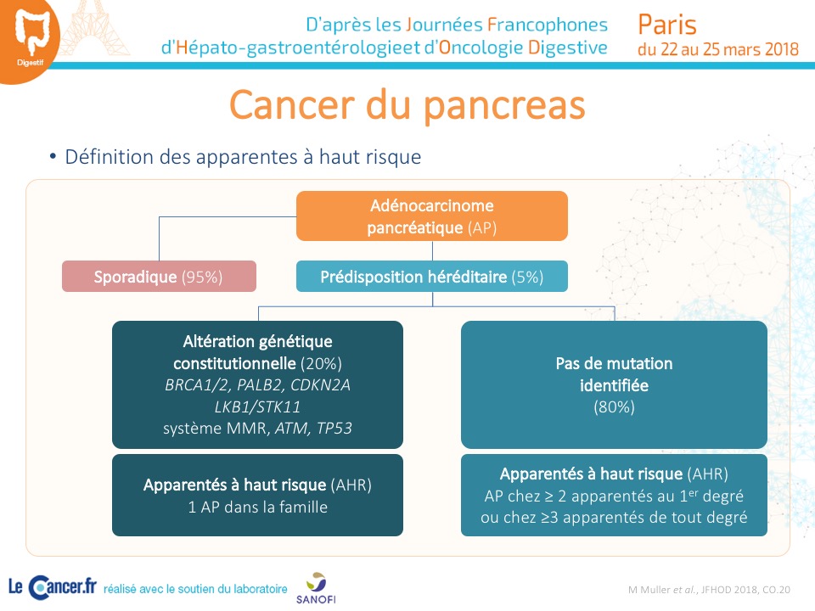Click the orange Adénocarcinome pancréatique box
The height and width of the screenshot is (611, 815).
tap(432, 216)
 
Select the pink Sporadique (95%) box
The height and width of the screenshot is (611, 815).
tap(159, 277)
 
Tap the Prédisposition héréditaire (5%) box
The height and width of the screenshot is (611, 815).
tap(432, 277)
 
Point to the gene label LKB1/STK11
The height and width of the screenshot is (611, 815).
tap(258, 406)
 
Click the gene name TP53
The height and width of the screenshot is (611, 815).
tap(334, 428)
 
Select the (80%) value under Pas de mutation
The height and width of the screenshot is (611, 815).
tap(614, 406)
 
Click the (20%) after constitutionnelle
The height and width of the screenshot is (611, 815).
tap(321, 364)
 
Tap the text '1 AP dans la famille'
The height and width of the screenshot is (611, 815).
tap(258, 507)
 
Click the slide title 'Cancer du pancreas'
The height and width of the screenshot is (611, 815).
tap(407, 105)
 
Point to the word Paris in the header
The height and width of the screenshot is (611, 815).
tap(667, 25)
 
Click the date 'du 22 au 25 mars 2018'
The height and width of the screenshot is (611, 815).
tap(718, 49)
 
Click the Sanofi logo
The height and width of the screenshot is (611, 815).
tap(316, 588)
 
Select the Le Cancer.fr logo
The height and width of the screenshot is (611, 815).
tap(53, 587)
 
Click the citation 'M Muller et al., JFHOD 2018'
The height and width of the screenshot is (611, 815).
tap(709, 590)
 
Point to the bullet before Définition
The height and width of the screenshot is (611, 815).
tap(53, 156)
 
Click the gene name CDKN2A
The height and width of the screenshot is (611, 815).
tap(320, 385)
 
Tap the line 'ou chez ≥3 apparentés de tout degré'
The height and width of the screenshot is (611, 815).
tap(614, 518)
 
